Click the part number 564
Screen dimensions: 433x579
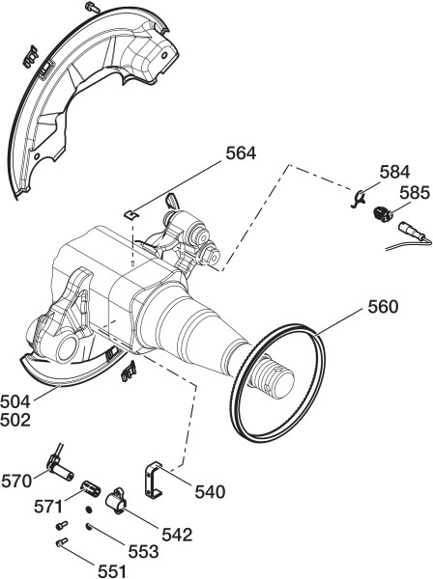(241, 153)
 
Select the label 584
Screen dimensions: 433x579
(395, 172)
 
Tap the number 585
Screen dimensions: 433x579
(415, 193)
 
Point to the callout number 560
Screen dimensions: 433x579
(383, 307)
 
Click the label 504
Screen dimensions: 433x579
(15, 401)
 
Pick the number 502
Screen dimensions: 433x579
(15, 421)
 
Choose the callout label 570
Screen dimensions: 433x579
(16, 482)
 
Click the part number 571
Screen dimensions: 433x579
(48, 507)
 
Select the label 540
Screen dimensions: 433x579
(210, 492)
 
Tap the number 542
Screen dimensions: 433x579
(177, 535)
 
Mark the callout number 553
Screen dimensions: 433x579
(143, 552)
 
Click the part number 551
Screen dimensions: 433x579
(112, 571)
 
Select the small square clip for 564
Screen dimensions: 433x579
(130, 214)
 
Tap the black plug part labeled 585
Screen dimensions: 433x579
(381, 213)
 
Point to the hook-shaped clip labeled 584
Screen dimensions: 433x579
(358, 198)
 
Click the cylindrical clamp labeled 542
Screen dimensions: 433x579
(116, 501)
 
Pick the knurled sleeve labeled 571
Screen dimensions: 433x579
(91, 487)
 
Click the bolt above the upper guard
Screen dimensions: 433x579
(93, 7)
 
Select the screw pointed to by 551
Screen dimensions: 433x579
(62, 542)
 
